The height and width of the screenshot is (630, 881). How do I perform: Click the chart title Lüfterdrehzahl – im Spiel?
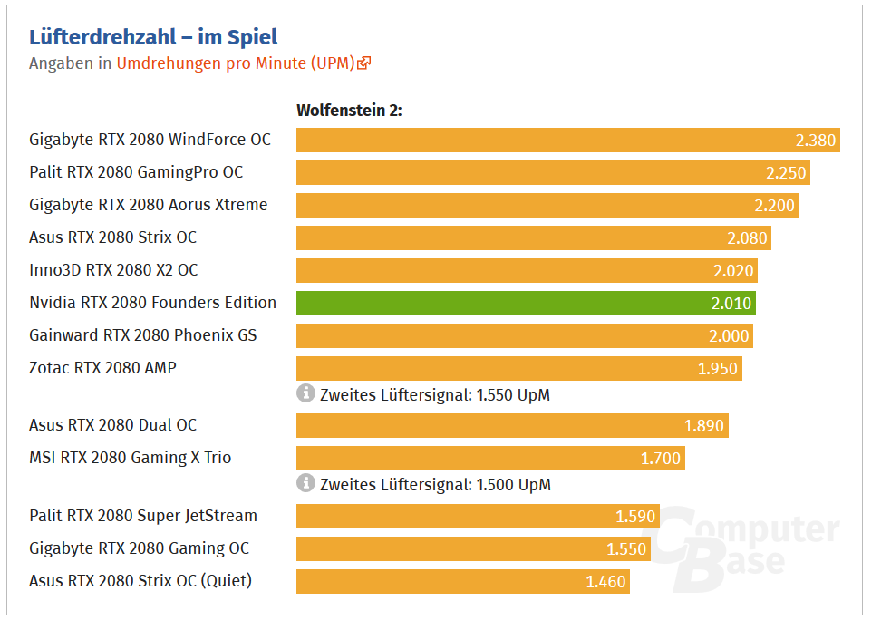tap(153, 37)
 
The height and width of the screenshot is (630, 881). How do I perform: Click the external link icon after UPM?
tap(364, 63)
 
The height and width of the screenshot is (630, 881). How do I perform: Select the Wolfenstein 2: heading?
tap(349, 111)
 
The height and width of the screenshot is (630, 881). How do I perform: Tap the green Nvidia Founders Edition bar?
tap(526, 303)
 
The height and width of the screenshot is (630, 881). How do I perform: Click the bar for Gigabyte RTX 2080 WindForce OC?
tap(567, 141)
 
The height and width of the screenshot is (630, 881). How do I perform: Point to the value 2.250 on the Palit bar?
tap(785, 173)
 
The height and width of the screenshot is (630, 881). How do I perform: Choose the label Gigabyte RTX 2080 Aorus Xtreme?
tap(149, 205)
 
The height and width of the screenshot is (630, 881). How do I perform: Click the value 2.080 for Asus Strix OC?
tap(747, 238)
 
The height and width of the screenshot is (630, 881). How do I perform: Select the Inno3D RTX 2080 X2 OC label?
tap(113, 270)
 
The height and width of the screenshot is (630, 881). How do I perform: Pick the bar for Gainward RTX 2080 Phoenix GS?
tap(524, 335)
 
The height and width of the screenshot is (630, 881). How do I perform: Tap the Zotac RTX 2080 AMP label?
tap(102, 368)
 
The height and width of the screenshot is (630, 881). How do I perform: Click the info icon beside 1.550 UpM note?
tap(305, 393)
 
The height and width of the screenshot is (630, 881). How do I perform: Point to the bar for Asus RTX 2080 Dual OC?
tap(512, 426)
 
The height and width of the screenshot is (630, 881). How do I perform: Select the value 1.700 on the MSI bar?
tap(660, 459)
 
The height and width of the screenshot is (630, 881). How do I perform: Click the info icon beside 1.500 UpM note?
tap(305, 483)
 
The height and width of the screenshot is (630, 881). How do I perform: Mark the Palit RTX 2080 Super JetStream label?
tap(143, 516)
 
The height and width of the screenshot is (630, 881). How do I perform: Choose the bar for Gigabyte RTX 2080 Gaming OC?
tap(472, 548)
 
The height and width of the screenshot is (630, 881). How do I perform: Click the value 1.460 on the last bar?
tap(605, 582)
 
